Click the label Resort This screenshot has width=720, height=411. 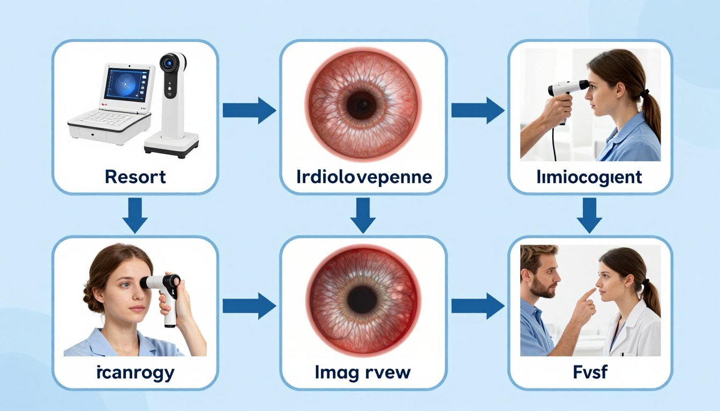[x=136, y=177]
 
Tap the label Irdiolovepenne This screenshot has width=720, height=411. [x=364, y=178]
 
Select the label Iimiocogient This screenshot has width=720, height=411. [x=589, y=178]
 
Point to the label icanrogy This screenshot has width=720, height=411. [x=136, y=373]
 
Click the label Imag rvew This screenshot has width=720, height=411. [x=363, y=373]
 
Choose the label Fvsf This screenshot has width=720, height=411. [x=590, y=372]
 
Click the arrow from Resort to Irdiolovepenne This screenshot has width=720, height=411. [x=250, y=110]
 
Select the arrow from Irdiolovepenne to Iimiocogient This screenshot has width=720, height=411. [x=478, y=110]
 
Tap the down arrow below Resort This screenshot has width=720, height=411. [x=135, y=216]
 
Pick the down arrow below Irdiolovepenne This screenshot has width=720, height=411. [x=363, y=216]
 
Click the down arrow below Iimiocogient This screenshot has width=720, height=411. [x=589, y=216]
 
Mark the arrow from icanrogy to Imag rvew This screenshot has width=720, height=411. [x=250, y=306]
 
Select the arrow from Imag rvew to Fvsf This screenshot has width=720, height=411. [x=478, y=306]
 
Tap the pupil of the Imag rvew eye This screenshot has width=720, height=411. [x=362, y=300]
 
